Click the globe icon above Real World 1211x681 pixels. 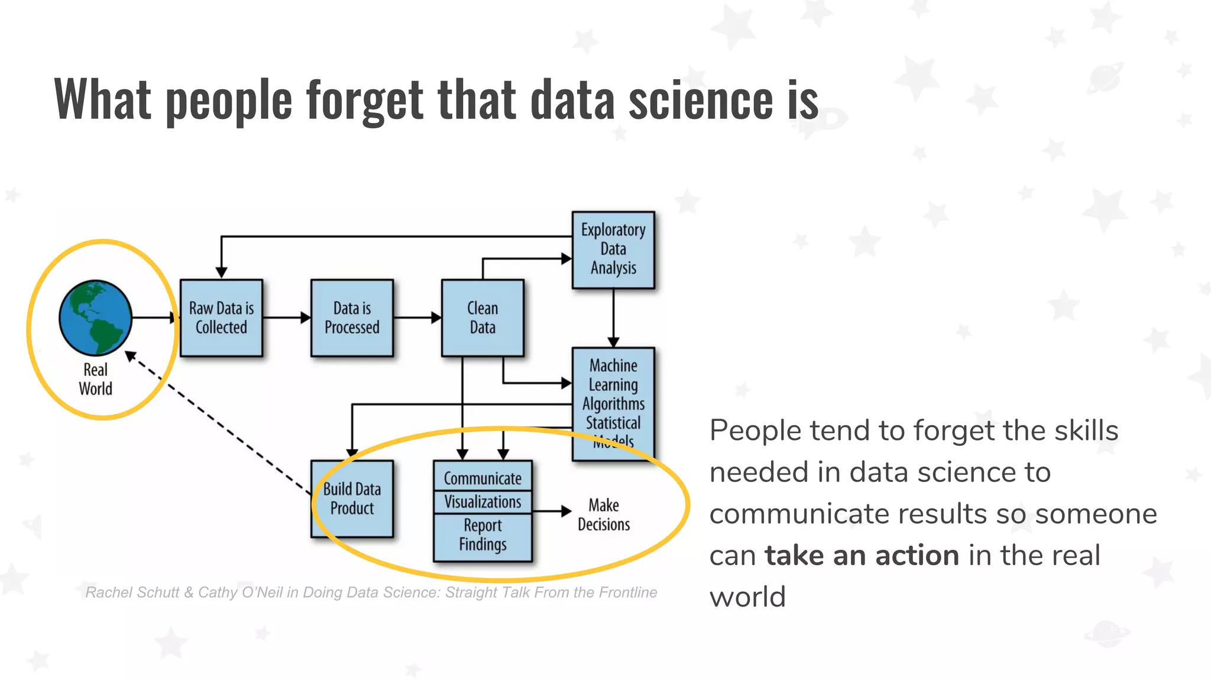click(x=95, y=317)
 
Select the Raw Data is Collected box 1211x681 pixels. click(x=221, y=318)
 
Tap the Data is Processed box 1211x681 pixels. click(x=352, y=318)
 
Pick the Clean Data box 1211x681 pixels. click(x=483, y=318)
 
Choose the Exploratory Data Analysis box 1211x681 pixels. click(x=613, y=249)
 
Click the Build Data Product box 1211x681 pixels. click(x=352, y=498)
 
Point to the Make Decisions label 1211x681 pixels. click(x=604, y=514)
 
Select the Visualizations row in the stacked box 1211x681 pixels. click(x=483, y=502)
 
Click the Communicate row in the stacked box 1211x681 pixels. click(x=483, y=478)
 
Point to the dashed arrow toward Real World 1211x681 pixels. click(x=219, y=423)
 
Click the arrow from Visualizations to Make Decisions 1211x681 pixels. click(x=551, y=511)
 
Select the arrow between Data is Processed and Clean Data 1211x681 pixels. click(x=417, y=317)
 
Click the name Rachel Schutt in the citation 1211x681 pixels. click(x=132, y=592)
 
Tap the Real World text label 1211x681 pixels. click(x=95, y=379)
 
